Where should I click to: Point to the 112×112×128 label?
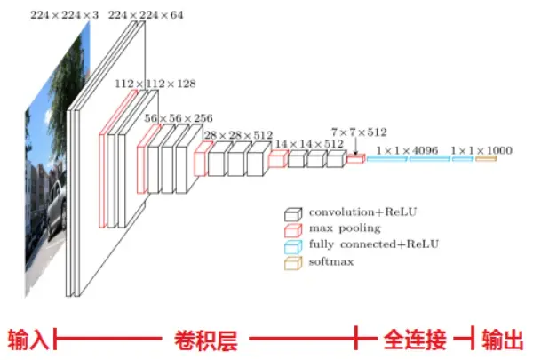tap(155, 84)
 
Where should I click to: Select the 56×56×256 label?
tap(179, 117)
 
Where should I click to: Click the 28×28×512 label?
tap(238, 135)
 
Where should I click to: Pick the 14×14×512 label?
tap(308, 143)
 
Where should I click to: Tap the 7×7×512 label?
tap(359, 132)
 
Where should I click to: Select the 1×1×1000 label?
tap(481, 150)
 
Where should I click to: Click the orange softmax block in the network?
tap(485, 159)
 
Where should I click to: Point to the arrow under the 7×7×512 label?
tap(356, 148)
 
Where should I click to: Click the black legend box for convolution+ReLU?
tap(292, 214)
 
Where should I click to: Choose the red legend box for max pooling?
tap(292, 229)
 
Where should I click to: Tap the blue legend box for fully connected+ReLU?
tap(292, 244)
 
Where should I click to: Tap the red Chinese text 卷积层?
tap(205, 339)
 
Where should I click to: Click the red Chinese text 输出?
tap(503, 339)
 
